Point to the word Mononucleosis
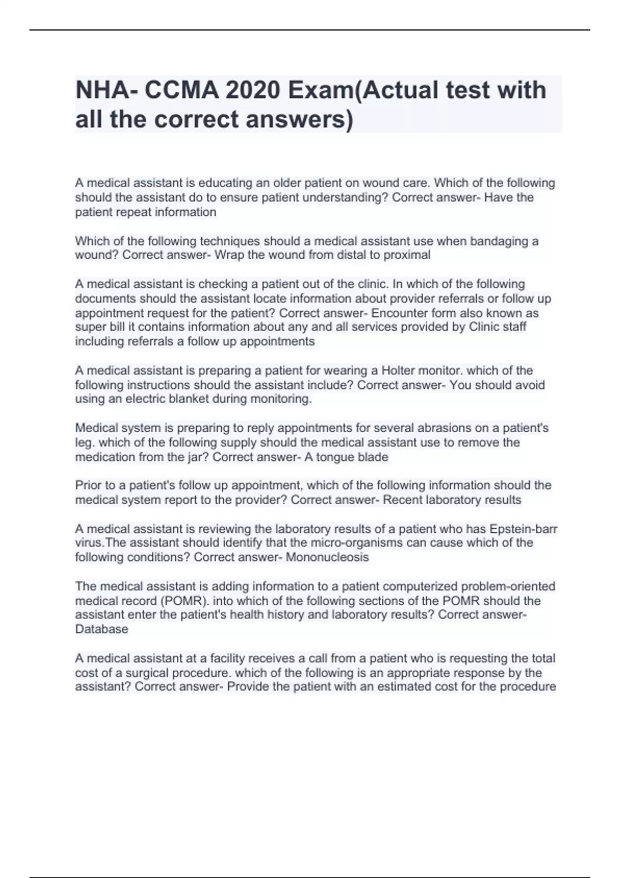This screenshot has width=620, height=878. coord(327,557)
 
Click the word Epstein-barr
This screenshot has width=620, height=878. coord(523,529)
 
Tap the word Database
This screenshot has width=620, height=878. coord(101,629)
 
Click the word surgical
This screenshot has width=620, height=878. coord(144,673)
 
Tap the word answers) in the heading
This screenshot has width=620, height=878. coord(299,119)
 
